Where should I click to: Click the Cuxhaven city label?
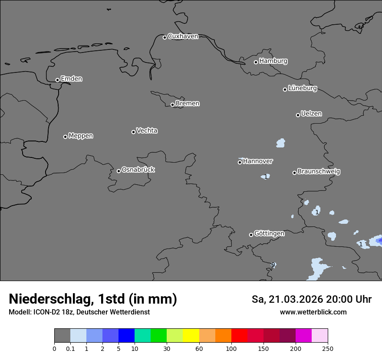pos(183,36)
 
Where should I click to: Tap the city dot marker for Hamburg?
pos(256,62)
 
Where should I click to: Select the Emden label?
pos(71,79)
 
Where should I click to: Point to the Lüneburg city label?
pos(302,88)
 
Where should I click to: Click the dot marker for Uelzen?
pos(298,115)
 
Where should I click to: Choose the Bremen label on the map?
pos(188,104)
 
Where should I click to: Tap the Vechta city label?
pos(147,131)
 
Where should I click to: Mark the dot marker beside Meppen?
pos(65,137)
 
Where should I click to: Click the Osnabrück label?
pos(138,170)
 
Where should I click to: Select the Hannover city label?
pos(257,161)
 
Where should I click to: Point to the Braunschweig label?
pos(319,172)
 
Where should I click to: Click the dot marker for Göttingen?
pos(251,235)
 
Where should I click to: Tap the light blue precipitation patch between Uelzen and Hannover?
pos(281,142)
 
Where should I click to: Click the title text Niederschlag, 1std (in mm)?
pos(93,299)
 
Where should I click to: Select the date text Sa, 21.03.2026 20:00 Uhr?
pos(311,299)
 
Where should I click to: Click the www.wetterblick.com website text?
pos(313,312)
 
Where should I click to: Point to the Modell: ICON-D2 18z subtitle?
pos(79,312)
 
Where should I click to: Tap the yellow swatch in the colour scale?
pos(191,336)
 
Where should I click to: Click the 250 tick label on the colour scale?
pos(327,348)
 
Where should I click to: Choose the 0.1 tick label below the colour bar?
pos(70,348)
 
